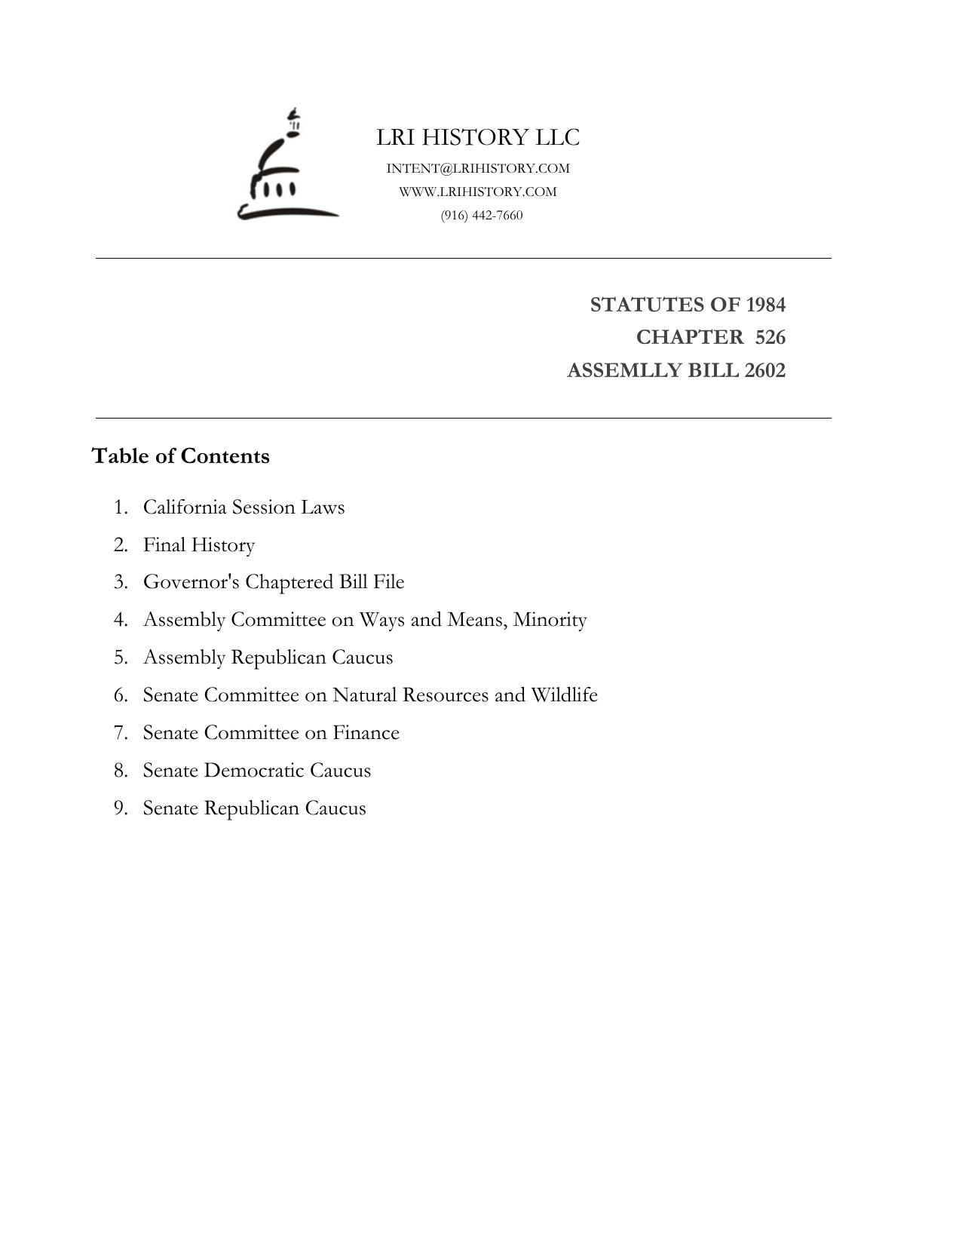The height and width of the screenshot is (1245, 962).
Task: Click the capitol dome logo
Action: click(x=287, y=166)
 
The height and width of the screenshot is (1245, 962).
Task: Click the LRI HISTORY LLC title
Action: click(x=478, y=137)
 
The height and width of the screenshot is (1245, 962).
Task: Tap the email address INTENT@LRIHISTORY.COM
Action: click(x=478, y=168)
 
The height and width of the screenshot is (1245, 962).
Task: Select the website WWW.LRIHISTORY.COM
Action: click(x=478, y=192)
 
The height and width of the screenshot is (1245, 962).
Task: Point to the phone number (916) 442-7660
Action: click(x=482, y=215)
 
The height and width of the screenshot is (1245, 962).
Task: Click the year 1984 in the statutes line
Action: click(x=765, y=305)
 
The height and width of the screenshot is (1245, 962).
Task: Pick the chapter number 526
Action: click(x=770, y=337)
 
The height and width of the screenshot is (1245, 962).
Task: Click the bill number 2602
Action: click(x=764, y=370)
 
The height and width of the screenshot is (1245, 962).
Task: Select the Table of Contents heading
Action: click(x=180, y=456)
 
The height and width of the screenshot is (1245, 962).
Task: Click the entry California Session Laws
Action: click(x=244, y=507)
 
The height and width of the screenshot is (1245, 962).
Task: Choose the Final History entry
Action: click(x=199, y=544)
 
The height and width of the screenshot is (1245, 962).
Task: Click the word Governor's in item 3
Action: click(x=191, y=582)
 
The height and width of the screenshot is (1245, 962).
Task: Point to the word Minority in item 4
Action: click(x=550, y=620)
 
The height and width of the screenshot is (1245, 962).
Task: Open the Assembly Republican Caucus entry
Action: click(x=268, y=658)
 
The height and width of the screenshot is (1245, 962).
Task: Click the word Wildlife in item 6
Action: click(x=564, y=695)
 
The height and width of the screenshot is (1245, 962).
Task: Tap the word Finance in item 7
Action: click(x=366, y=732)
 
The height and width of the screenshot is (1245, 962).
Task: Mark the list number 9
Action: click(x=121, y=808)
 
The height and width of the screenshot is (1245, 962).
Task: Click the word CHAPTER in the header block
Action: click(x=689, y=337)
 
